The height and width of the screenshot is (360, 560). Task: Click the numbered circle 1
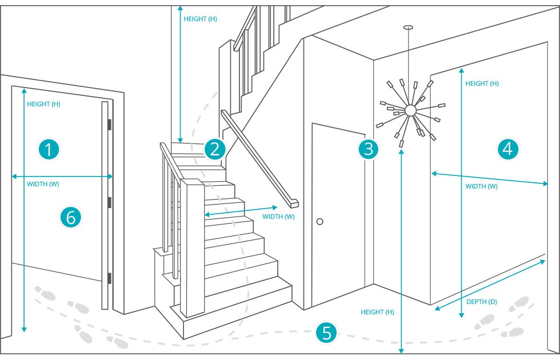49,150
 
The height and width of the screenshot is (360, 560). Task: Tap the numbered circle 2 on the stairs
214,150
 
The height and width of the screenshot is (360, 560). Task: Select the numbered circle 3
369,150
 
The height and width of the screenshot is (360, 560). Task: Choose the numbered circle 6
71,217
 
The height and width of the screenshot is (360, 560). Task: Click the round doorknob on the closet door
320,221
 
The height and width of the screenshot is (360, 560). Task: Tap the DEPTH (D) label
481,302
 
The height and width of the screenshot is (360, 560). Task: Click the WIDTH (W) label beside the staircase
278,217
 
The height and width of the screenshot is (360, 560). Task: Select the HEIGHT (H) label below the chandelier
378,312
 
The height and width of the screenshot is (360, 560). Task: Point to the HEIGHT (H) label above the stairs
200,19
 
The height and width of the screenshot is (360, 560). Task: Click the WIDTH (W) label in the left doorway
43,184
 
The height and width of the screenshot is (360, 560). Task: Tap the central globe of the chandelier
410,110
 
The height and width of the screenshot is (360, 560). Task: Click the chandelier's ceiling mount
408,27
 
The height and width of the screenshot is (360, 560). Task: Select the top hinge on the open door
109,124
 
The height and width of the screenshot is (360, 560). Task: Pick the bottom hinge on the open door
109,278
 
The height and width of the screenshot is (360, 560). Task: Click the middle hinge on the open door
109,202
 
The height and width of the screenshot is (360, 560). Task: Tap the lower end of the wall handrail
294,203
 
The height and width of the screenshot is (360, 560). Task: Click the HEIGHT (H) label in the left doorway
43,105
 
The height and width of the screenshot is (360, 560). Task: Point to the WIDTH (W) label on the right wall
481,186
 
